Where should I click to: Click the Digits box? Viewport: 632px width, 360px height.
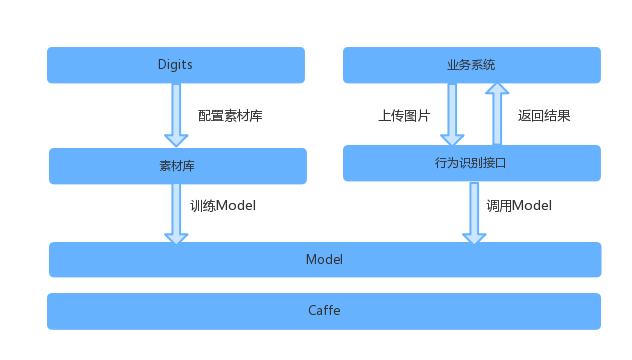point(176,65)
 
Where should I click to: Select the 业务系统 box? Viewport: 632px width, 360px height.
point(471,65)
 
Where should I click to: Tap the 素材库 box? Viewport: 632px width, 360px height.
point(177,166)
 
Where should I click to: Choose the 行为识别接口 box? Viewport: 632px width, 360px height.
point(471,162)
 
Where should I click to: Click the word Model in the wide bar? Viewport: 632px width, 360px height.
point(324,259)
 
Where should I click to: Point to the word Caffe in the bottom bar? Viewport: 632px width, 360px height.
point(324,310)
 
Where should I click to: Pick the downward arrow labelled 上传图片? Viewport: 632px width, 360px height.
point(452,113)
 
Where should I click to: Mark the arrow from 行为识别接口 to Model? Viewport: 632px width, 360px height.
point(474,211)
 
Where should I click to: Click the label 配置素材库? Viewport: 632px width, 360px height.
point(230,115)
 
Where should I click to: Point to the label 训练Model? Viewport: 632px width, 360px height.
point(223,206)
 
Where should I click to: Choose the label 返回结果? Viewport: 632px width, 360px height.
point(544,115)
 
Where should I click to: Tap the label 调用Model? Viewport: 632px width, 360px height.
point(519,206)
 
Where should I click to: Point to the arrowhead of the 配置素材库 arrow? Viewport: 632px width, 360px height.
point(177,139)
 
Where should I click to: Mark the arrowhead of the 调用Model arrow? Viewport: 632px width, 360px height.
point(474,237)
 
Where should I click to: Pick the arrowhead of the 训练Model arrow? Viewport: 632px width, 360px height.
point(177,237)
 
